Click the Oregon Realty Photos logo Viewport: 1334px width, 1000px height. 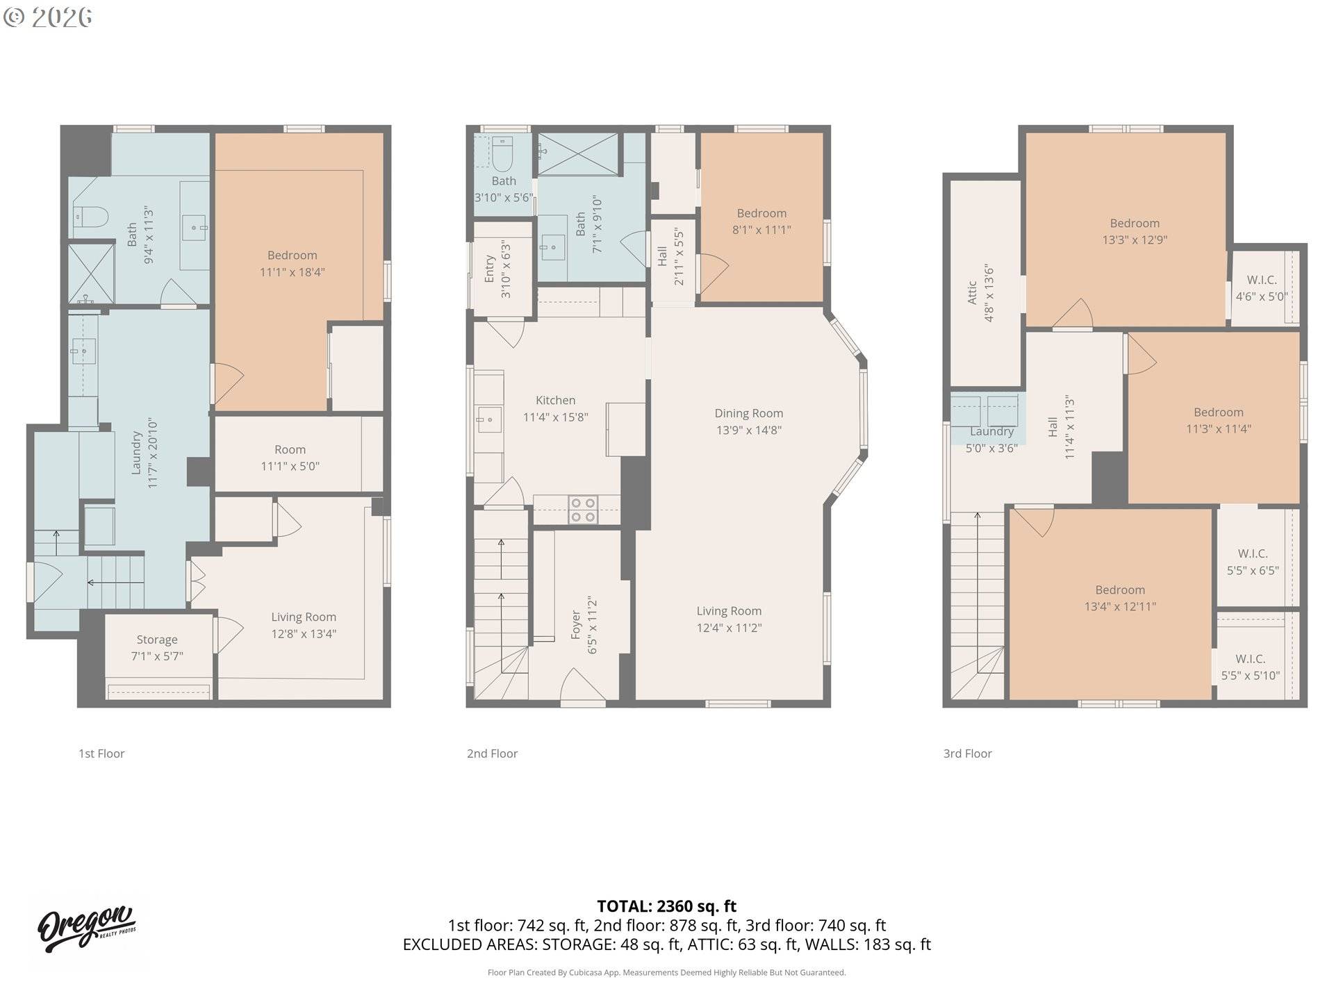87,928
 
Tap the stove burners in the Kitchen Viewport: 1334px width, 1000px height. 583,510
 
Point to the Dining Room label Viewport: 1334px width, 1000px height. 748,413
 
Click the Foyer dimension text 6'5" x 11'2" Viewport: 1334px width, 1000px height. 593,624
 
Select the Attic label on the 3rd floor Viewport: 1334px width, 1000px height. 972,292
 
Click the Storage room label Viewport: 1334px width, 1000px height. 156,640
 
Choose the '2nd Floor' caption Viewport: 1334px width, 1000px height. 492,753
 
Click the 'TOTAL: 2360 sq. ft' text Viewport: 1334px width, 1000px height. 666,906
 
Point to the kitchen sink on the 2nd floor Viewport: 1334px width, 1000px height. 488,419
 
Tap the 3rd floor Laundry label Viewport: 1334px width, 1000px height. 991,431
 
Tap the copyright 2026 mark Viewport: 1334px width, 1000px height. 47,17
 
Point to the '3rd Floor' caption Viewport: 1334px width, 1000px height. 967,753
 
